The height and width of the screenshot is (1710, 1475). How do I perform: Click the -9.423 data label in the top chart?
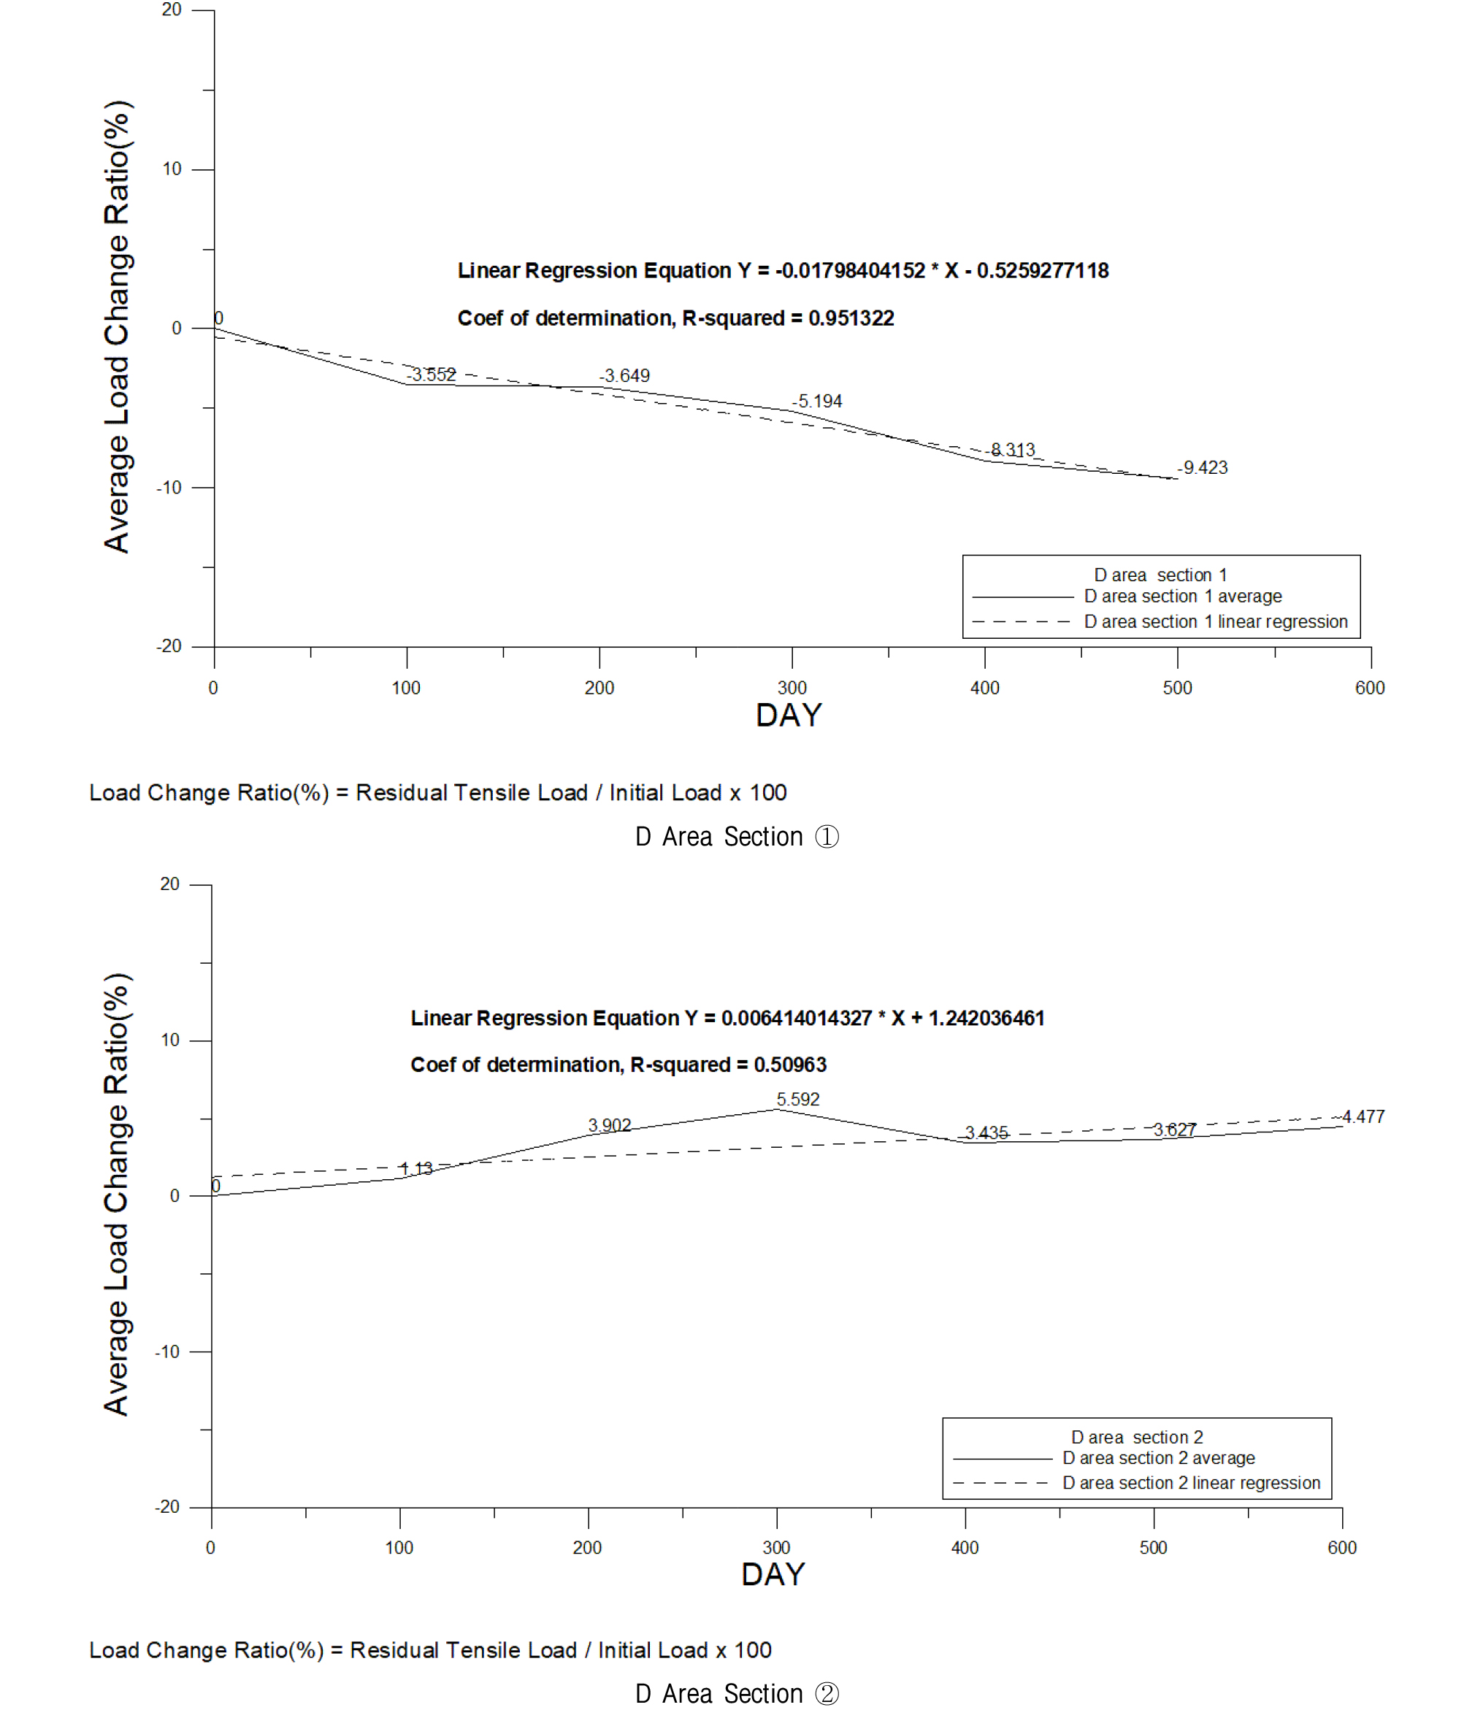tap(1204, 468)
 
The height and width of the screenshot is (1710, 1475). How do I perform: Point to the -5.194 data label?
tap(818, 402)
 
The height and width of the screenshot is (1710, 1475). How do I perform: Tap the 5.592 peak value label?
tap(798, 1100)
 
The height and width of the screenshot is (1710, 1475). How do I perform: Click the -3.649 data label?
tap(626, 376)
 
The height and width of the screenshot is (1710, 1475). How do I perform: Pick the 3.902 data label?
tap(609, 1125)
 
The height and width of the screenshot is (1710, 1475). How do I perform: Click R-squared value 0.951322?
tap(851, 318)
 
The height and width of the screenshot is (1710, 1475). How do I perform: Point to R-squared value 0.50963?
tap(790, 1065)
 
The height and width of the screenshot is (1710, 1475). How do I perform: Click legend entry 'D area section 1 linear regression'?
tap(1215, 621)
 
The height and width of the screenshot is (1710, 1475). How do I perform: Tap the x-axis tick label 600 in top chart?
tap(1369, 689)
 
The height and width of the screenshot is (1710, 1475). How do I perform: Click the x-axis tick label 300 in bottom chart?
tap(776, 1547)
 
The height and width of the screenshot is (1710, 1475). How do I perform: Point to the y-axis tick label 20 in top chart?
tap(172, 10)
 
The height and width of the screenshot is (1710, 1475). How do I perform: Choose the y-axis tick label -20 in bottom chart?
tap(167, 1507)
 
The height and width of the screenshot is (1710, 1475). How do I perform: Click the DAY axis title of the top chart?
tap(789, 716)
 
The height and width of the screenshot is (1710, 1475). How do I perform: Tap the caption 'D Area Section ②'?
tap(737, 1693)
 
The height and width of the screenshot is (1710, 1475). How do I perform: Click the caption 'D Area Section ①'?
tap(737, 837)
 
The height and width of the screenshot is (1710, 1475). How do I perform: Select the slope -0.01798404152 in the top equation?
tap(850, 271)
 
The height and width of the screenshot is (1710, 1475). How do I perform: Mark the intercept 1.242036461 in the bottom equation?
tap(986, 1019)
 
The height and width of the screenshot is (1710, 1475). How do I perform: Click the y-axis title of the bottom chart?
tap(116, 1195)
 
